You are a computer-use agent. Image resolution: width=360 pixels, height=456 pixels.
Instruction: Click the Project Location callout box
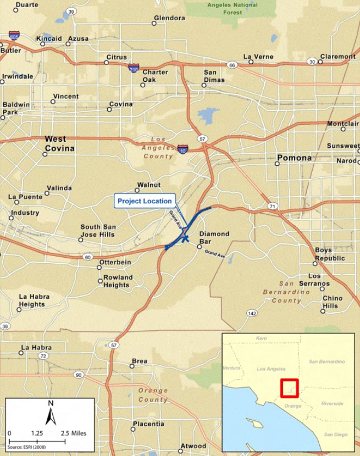[145, 201]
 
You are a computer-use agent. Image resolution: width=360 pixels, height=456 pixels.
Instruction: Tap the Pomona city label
[294, 158]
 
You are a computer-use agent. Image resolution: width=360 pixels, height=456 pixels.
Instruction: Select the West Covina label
[60, 143]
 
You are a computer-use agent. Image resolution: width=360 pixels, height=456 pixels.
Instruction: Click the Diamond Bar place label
[214, 237]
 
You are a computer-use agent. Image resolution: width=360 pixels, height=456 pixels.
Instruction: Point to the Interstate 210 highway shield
[133, 68]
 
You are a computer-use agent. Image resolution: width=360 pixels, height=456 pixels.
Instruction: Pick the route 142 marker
[252, 313]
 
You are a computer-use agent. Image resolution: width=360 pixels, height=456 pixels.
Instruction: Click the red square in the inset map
[289, 388]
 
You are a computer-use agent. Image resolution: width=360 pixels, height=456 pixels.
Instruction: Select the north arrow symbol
[51, 413]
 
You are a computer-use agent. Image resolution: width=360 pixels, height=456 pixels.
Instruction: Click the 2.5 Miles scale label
[74, 433]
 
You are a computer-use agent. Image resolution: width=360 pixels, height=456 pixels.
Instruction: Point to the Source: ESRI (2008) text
[27, 441]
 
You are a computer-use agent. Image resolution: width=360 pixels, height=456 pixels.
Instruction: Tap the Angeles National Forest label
[232, 8]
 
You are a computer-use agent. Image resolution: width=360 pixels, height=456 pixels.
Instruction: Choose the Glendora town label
[169, 18]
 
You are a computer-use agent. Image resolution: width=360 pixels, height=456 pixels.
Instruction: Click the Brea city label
[139, 361]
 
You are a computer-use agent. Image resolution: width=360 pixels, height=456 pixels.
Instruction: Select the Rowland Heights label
[118, 281]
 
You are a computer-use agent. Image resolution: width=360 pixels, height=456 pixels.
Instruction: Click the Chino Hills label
[332, 302]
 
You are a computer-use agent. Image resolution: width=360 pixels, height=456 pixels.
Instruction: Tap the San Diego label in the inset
[335, 435]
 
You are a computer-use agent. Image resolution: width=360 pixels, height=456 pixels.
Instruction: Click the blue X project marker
[186, 238]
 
